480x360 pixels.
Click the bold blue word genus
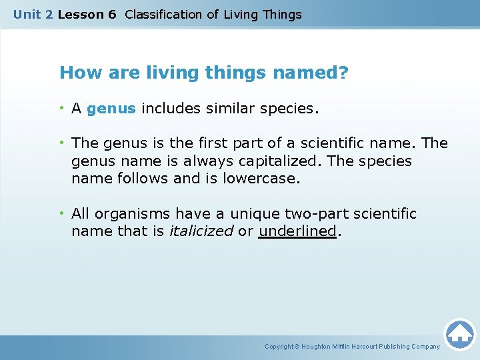click(x=111, y=109)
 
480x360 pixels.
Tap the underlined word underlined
click(x=297, y=231)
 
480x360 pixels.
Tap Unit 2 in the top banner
click(x=33, y=15)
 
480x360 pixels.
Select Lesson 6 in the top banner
click(x=87, y=15)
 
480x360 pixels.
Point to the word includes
click(x=169, y=109)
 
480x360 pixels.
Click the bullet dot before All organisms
click(x=63, y=213)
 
